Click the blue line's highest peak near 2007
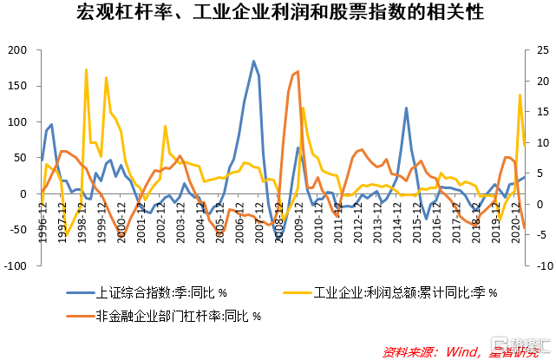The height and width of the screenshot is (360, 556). (253, 62)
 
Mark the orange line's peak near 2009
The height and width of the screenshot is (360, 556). (298, 72)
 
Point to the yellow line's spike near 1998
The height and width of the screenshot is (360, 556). (86, 69)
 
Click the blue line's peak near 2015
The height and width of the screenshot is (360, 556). (406, 108)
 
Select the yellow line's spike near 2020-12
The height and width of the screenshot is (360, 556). (520, 95)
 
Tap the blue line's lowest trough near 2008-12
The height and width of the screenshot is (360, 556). (278, 239)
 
